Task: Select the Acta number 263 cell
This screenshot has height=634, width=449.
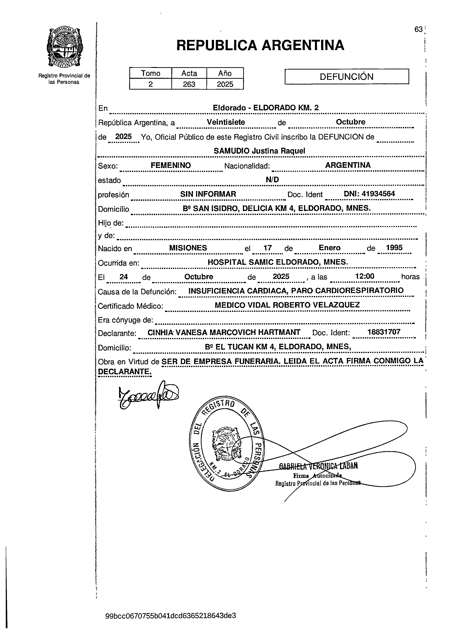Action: coord(189,84)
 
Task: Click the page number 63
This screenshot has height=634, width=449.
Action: coord(418,29)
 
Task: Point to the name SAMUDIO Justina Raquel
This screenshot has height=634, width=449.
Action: coord(259,151)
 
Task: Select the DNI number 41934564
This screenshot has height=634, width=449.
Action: coord(378,194)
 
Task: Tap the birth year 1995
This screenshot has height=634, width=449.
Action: coord(394,247)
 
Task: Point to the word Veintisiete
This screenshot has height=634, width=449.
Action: coord(226,122)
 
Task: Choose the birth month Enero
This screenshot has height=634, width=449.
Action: coord(330,247)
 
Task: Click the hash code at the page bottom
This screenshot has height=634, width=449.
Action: coord(171,616)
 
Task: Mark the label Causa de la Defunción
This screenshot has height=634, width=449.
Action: coord(137,292)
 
